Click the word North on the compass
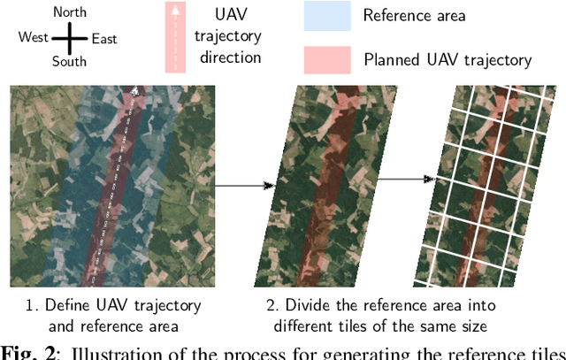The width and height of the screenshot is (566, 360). coord(70,12)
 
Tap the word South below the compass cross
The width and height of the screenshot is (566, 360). coord(69,62)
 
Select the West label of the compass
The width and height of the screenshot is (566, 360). coord(34,38)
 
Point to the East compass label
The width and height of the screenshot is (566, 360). coord(103,39)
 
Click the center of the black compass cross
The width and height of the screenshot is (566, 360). coord(69,38)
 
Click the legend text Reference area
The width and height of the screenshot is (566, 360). coord(415,16)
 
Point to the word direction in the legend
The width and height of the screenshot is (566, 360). coord(231,57)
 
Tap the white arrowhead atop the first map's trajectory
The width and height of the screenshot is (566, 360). coord(134,89)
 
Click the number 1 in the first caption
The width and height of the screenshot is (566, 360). coord(31,306)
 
